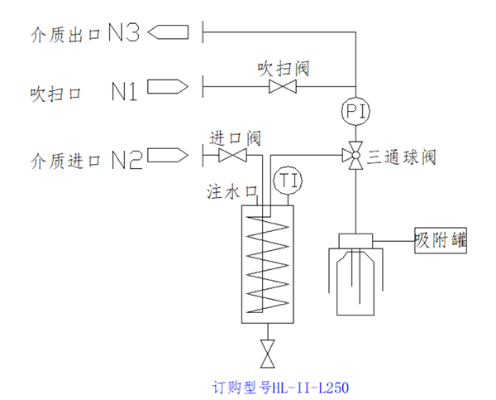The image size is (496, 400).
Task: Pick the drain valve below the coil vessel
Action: click(x=267, y=354)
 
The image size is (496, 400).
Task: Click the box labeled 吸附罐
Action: click(x=441, y=241)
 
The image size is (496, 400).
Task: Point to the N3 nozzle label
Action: click(x=126, y=33)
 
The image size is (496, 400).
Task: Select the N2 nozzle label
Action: click(x=125, y=158)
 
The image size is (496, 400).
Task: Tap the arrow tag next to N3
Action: click(x=170, y=32)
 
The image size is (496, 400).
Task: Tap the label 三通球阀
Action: click(x=401, y=156)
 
